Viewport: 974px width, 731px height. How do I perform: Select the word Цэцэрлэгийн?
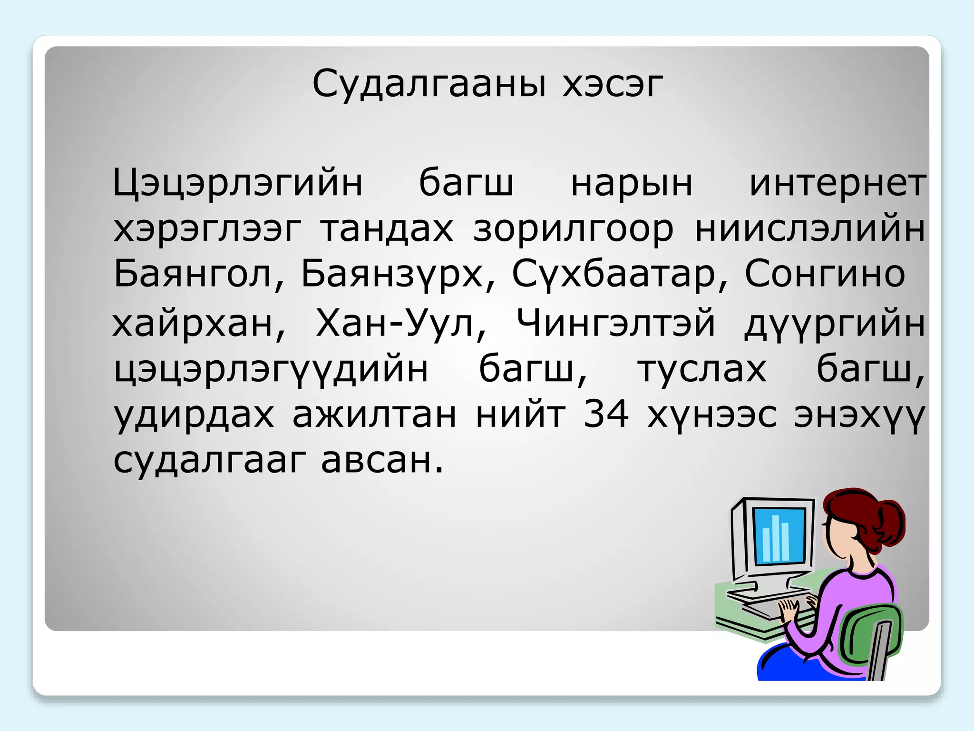pos(238,183)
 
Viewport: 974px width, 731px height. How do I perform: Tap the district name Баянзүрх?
pos(396,275)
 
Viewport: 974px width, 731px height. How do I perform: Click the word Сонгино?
pos(825,275)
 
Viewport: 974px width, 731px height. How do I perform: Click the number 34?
pos(606,414)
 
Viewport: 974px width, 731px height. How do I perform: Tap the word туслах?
pos(702,369)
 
